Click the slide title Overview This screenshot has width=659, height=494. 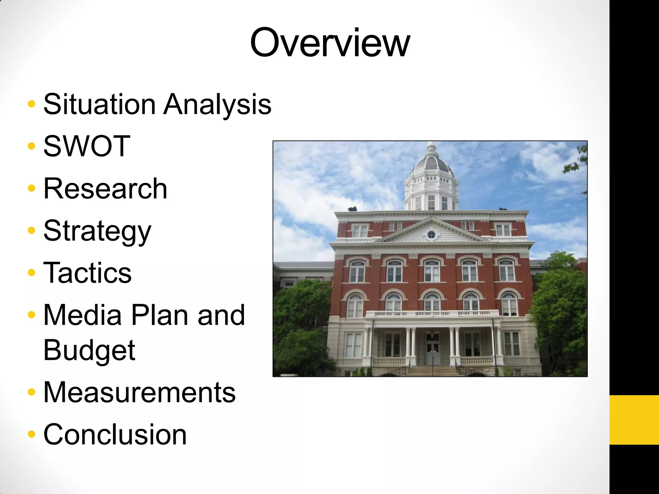(x=329, y=43)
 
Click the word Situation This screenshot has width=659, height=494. (x=99, y=104)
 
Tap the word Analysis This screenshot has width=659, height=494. (x=217, y=105)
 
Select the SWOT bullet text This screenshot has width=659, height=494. (x=87, y=146)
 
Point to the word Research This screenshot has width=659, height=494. (x=105, y=189)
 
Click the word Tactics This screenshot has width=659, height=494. (x=87, y=273)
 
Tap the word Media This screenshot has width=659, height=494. (x=82, y=315)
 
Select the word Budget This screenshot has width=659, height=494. (x=89, y=351)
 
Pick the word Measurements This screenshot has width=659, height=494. (x=139, y=392)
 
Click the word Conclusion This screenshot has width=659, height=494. (x=115, y=435)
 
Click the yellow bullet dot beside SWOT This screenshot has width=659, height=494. (x=31, y=146)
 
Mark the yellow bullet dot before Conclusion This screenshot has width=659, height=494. (x=31, y=435)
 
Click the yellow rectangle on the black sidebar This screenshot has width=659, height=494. (x=634, y=420)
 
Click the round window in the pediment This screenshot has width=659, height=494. (x=431, y=235)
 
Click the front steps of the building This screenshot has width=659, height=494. (x=432, y=371)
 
